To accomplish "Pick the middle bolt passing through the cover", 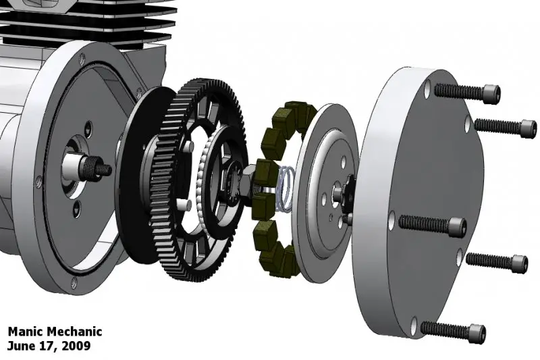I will [433, 224].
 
